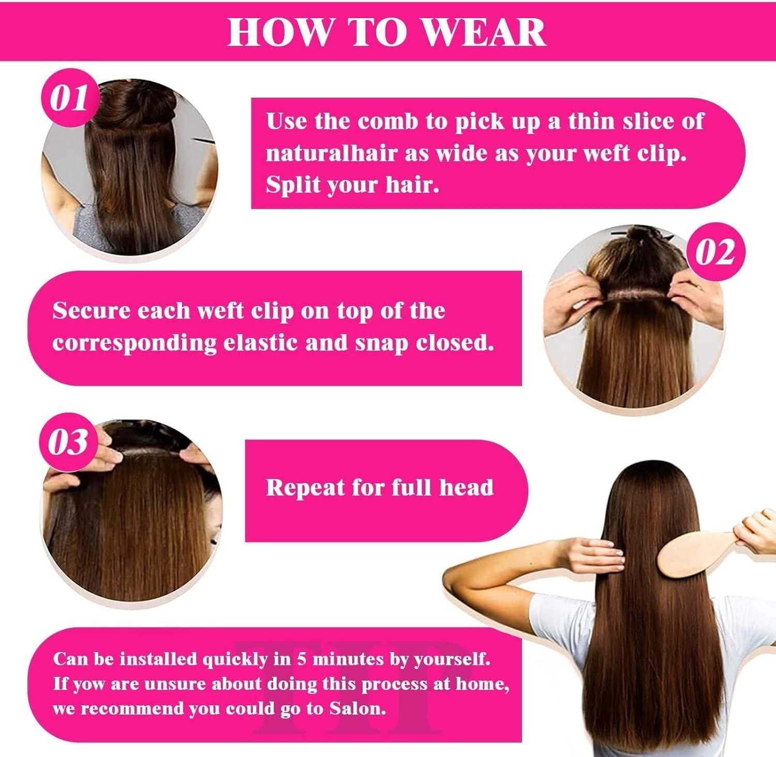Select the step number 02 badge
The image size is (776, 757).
pyautogui.click(x=715, y=253)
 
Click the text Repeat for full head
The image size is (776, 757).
pyautogui.click(x=380, y=488)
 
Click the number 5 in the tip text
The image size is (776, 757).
pyautogui.click(x=301, y=659)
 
